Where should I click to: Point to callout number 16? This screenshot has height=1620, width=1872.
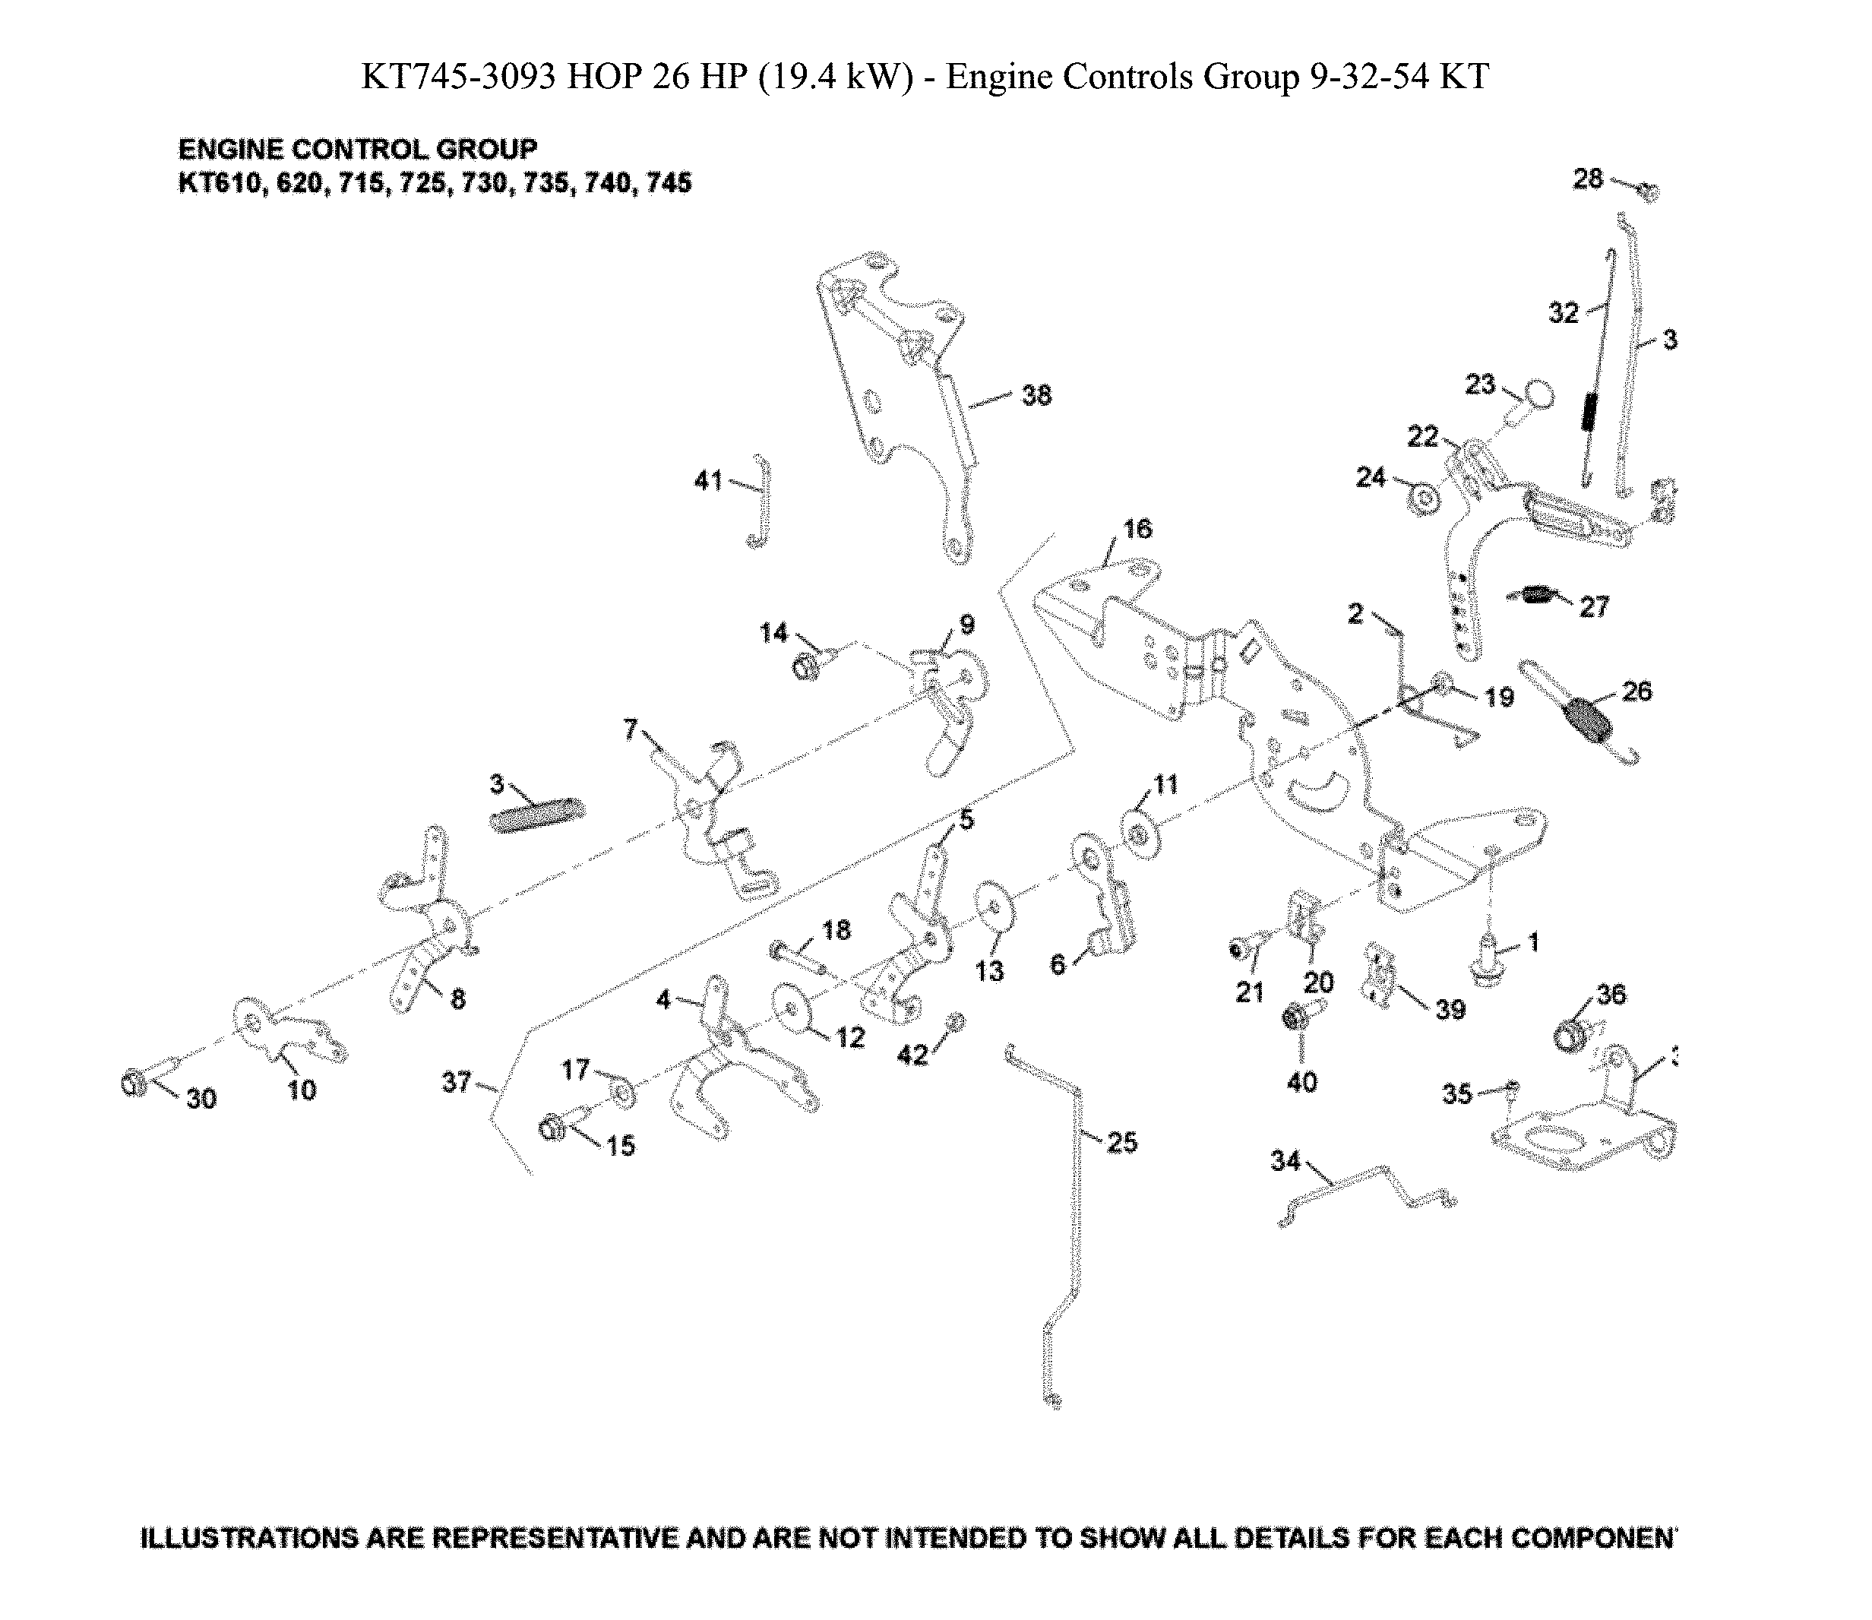1137,529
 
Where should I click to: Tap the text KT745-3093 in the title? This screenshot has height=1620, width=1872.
458,78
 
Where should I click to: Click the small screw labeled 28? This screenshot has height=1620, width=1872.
1648,191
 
